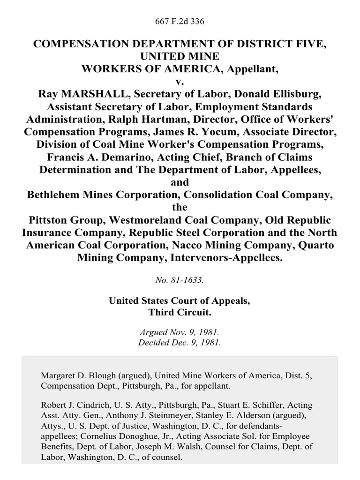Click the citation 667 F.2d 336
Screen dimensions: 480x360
(180, 22)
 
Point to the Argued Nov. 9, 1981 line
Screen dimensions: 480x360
(180, 332)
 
